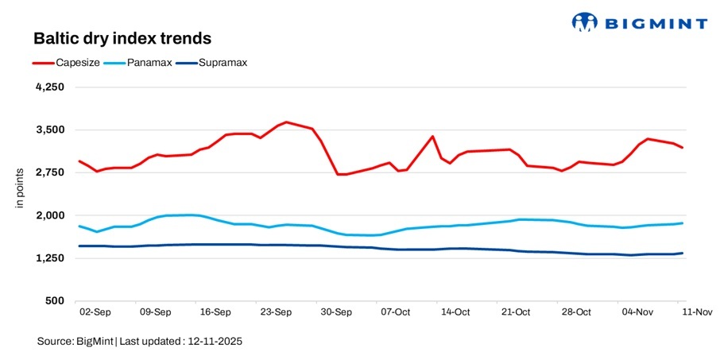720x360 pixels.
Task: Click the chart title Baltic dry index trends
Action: pyautogui.click(x=122, y=39)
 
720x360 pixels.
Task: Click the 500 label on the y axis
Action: pyautogui.click(x=53, y=301)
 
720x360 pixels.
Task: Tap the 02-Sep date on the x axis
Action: pyautogui.click(x=95, y=312)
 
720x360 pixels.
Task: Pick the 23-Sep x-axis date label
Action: pyautogui.click(x=276, y=312)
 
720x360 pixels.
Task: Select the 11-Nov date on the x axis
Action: pyautogui.click(x=697, y=312)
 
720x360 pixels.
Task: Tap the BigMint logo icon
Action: pyautogui.click(x=584, y=21)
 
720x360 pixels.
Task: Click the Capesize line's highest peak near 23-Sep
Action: pyautogui.click(x=286, y=122)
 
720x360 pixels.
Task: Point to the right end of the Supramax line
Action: pyautogui.click(x=683, y=253)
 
